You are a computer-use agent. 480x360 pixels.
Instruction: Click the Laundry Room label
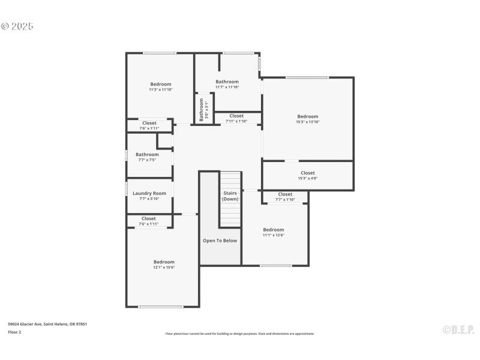point(149,193)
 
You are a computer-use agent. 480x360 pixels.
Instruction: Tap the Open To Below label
point(220,241)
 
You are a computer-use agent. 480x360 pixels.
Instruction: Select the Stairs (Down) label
point(230,196)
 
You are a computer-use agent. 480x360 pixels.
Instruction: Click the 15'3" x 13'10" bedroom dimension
point(307,122)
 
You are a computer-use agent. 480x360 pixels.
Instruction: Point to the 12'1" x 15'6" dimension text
point(164,268)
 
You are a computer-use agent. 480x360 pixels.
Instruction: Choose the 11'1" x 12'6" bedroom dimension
point(274,235)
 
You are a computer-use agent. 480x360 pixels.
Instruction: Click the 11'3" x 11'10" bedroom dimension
point(161,90)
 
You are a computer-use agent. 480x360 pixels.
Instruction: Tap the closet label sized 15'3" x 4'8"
point(307,173)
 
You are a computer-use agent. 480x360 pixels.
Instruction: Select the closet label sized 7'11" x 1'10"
point(236,116)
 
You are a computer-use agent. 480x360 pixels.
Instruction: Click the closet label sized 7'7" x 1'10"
point(285,194)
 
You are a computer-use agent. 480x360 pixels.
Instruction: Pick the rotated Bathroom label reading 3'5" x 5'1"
point(202,110)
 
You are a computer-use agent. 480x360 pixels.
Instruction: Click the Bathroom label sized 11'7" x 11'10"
point(227,82)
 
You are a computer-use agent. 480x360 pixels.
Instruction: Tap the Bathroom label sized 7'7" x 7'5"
point(147,154)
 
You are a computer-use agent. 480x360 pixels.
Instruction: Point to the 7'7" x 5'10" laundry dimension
point(149,199)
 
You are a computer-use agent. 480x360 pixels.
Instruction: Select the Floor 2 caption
point(14,332)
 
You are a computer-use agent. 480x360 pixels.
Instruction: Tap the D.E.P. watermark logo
point(458,329)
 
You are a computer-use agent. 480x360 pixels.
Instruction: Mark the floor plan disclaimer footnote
point(239,334)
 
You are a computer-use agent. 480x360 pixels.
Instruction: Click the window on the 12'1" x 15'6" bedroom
point(161,307)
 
